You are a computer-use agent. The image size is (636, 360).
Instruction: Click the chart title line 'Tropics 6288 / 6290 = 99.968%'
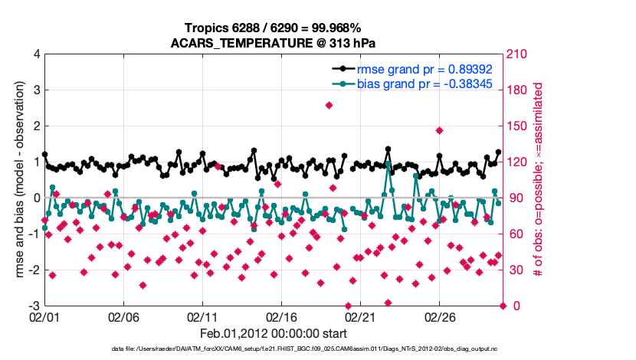[277, 28]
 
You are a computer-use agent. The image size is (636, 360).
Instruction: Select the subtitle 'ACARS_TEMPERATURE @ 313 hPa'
[277, 42]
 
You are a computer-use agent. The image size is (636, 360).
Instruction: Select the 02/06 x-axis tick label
[123, 316]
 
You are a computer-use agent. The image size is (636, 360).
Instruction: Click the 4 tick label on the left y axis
[36, 54]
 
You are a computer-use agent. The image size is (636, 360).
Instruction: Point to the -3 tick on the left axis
[34, 306]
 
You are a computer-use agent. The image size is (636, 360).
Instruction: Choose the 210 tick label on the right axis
[521, 54]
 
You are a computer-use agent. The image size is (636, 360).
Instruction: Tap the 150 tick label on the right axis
[521, 126]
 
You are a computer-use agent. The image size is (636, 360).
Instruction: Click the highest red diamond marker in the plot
[329, 106]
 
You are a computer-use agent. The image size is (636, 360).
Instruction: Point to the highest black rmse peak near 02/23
[388, 149]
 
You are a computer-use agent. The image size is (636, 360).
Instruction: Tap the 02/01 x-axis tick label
[44, 316]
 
